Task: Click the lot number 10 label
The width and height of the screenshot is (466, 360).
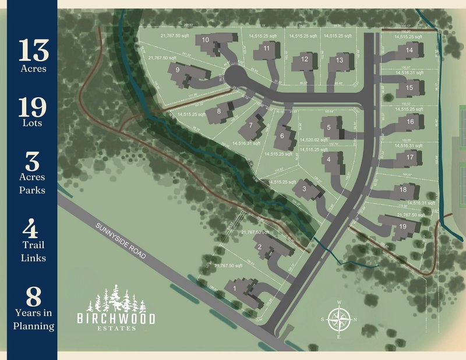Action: tap(206, 40)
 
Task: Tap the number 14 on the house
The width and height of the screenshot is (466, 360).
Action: tap(409, 51)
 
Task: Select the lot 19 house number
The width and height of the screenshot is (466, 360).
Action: tap(403, 227)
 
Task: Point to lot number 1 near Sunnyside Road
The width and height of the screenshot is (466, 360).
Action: tap(235, 288)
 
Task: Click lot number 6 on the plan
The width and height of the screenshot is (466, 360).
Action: tap(283, 136)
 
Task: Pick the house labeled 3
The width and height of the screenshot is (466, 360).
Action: tap(304, 189)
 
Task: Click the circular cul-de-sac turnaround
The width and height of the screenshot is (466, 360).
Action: tap(236, 76)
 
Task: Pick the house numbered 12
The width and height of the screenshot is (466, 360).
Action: tap(304, 59)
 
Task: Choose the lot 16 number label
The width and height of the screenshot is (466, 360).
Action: tap(411, 122)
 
